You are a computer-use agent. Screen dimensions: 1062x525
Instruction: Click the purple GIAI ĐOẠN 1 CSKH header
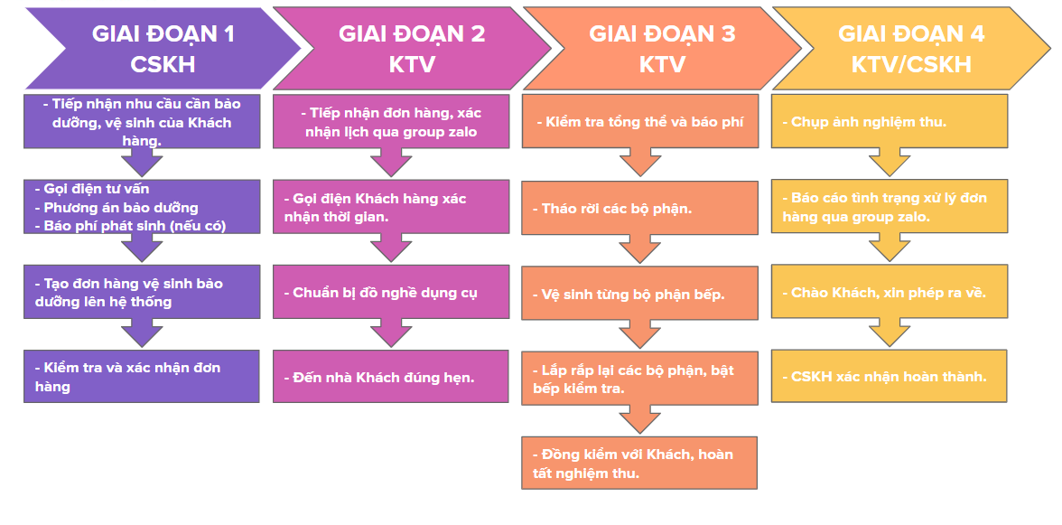point(163,49)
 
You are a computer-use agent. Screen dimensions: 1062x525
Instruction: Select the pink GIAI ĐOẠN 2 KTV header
point(412,49)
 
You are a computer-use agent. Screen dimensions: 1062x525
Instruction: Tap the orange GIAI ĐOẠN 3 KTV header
point(662,49)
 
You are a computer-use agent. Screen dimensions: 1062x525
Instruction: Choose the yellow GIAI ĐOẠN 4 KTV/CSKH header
point(911,49)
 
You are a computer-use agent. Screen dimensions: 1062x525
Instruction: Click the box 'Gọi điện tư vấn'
point(142,207)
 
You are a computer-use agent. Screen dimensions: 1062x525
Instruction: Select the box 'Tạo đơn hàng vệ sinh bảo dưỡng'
point(142,291)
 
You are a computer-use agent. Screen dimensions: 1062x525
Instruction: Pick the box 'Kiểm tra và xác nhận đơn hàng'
point(142,377)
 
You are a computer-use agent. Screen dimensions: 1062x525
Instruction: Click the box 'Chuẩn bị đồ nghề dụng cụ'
point(391,291)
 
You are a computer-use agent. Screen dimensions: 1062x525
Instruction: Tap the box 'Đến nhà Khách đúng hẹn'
point(391,377)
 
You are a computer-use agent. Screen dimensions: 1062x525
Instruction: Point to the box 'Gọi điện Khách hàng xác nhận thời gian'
point(391,207)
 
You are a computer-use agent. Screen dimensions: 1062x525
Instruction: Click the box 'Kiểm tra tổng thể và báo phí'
point(640,121)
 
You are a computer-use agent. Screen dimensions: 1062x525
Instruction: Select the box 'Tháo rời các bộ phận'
point(640,208)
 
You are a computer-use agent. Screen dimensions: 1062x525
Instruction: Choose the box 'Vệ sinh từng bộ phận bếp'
point(640,294)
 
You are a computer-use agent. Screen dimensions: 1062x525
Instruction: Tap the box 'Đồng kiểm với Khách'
point(639,463)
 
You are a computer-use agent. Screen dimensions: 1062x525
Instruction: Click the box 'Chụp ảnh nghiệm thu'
point(890,121)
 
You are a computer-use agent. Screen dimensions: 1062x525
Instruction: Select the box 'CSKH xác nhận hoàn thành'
point(890,377)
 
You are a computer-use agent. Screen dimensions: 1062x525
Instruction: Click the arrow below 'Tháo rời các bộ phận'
point(640,248)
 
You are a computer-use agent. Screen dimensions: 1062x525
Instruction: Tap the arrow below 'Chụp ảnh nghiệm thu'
point(890,162)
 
